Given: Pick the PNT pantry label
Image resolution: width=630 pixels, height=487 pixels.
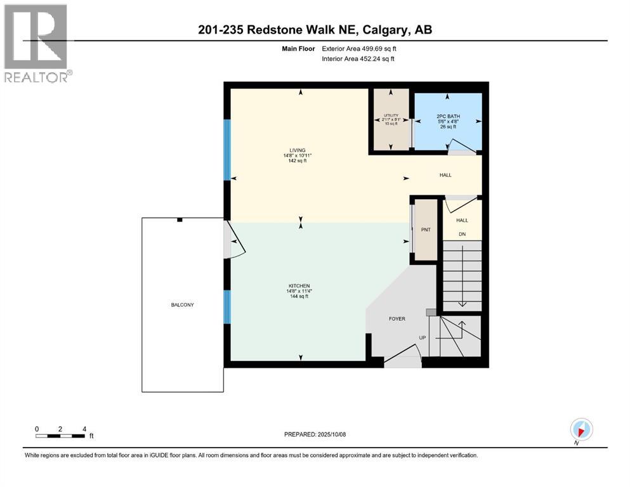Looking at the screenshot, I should tap(426, 230).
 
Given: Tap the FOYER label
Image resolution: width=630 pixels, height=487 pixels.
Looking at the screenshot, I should tap(397, 319).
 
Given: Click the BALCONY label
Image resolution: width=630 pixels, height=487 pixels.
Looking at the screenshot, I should tap(182, 305).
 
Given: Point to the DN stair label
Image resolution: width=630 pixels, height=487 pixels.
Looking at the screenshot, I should tap(462, 233).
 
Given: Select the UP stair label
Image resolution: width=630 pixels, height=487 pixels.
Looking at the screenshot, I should tap(423, 338).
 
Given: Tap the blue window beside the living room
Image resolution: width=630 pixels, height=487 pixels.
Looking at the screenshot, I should tap(227, 150).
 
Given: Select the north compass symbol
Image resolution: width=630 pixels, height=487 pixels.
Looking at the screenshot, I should tap(581, 430).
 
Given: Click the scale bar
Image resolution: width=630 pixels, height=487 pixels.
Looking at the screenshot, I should tap(60, 436).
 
